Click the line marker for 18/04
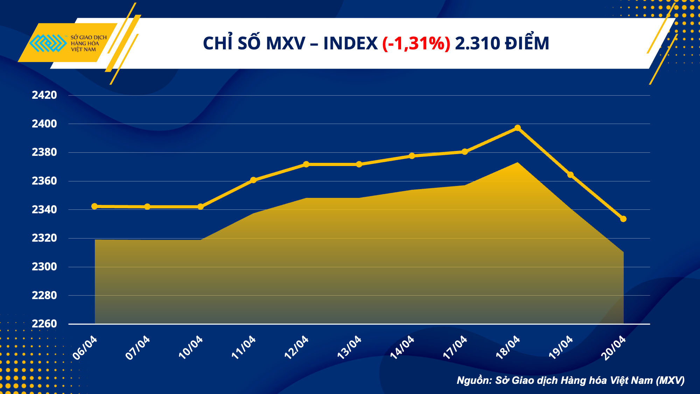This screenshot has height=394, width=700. pyautogui.click(x=518, y=128)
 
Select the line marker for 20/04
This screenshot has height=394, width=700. pyautogui.click(x=623, y=219)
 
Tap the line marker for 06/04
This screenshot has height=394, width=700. pyautogui.click(x=94, y=206)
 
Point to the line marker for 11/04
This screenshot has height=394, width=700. pyautogui.click(x=253, y=180)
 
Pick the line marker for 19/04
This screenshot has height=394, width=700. pyautogui.click(x=570, y=175)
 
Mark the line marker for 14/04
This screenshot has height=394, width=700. pyautogui.click(x=412, y=156)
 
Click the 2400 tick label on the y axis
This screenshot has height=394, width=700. pyautogui.click(x=44, y=124)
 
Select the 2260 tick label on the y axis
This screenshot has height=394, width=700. pyautogui.click(x=44, y=324)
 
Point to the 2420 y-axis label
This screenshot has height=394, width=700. pyautogui.click(x=44, y=95)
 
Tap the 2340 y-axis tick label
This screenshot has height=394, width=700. pyautogui.click(x=44, y=209)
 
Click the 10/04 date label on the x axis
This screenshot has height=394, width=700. pyautogui.click(x=191, y=347)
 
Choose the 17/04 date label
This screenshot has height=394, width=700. pyautogui.click(x=455, y=347)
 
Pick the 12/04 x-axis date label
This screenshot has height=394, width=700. pyautogui.click(x=296, y=347)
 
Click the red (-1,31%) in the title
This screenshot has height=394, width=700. pyautogui.click(x=416, y=43)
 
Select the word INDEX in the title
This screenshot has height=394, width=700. pyautogui.click(x=350, y=43)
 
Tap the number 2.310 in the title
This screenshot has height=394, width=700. pyautogui.click(x=477, y=43)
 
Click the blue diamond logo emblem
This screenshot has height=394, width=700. pyautogui.click(x=48, y=43)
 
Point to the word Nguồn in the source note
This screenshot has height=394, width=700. pyautogui.click(x=474, y=380)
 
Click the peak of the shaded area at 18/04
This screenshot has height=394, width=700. pyautogui.click(x=518, y=163)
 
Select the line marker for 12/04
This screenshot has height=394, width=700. pyautogui.click(x=306, y=164)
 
